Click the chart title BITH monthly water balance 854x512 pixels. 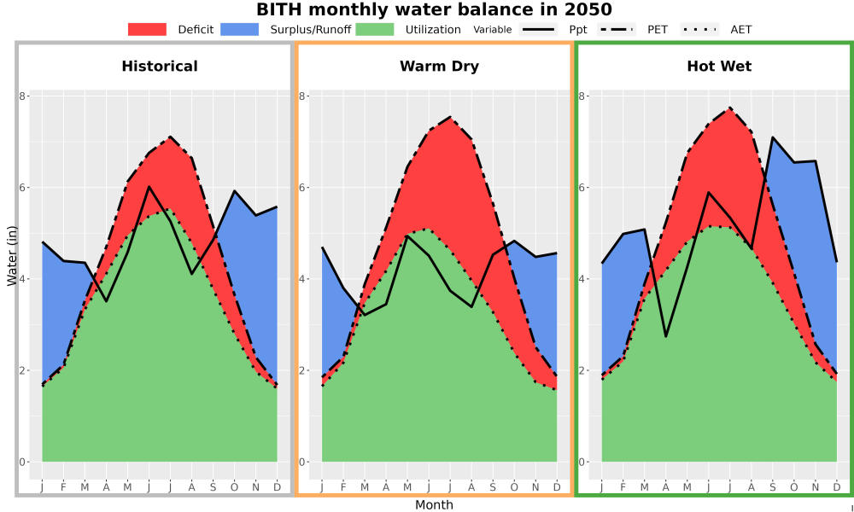434,9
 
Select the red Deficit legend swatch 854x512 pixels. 147,29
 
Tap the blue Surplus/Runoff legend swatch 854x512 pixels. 240,29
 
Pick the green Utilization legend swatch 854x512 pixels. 375,29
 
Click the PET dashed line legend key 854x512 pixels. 617,29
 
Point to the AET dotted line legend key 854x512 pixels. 699,29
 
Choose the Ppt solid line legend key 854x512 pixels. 538,29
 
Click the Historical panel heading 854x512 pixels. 160,67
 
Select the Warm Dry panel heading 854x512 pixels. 440,67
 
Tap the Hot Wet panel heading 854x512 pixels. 719,67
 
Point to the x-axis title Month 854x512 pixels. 434,505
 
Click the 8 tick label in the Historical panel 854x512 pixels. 23,96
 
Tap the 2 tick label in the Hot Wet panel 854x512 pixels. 582,370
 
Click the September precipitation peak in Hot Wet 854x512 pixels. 772,137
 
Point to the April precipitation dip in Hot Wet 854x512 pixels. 665,336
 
